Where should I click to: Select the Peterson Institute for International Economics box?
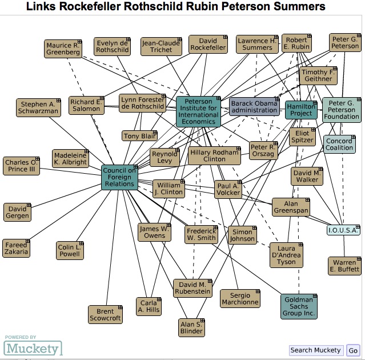pyautogui.click(x=198, y=111)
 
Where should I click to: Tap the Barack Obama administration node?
pyautogui.click(x=254, y=107)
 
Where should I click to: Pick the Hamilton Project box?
pyautogui.click(x=301, y=110)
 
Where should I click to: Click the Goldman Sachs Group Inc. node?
pyautogui.click(x=299, y=306)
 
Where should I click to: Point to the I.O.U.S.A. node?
pyautogui.click(x=343, y=230)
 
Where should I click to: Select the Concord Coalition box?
pyautogui.click(x=339, y=144)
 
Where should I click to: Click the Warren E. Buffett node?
pyautogui.click(x=344, y=266)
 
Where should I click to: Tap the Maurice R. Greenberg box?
pyautogui.click(x=63, y=49)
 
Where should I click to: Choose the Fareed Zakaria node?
pyautogui.click(x=15, y=249)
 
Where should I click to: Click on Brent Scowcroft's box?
pyautogui.click(x=105, y=314)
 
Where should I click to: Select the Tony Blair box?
pyautogui.click(x=139, y=135)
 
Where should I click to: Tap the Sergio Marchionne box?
pyautogui.click(x=240, y=298)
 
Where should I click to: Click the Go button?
pyautogui.click(x=353, y=350)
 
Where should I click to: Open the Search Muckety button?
pyautogui.click(x=315, y=350)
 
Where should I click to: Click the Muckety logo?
pyautogui.click(x=33, y=348)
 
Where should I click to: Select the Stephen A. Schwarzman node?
pyautogui.click(x=39, y=108)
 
